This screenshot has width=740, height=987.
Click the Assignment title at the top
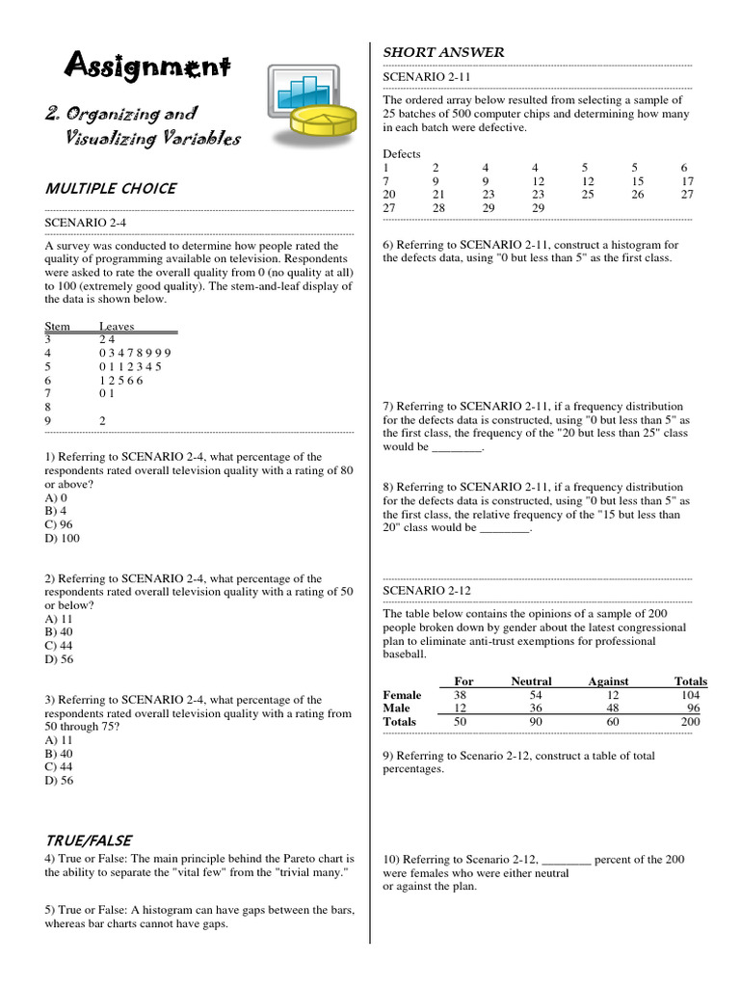coord(147,67)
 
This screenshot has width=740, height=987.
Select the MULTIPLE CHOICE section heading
coord(110,188)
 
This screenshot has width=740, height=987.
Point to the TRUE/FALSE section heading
coord(88,840)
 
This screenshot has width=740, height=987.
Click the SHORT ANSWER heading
coord(443,52)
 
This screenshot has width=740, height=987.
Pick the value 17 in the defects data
coord(687,180)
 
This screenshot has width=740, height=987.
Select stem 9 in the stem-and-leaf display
coord(48,421)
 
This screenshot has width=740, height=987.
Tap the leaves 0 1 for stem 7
coord(106,393)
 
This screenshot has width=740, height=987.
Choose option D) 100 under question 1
coord(62,538)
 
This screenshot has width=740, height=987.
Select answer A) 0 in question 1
coord(56,497)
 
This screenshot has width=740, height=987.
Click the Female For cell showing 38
coord(461,695)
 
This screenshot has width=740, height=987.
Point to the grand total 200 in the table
coord(691,722)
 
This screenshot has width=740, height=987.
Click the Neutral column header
coord(531,681)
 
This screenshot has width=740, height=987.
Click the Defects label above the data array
coord(402,153)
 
